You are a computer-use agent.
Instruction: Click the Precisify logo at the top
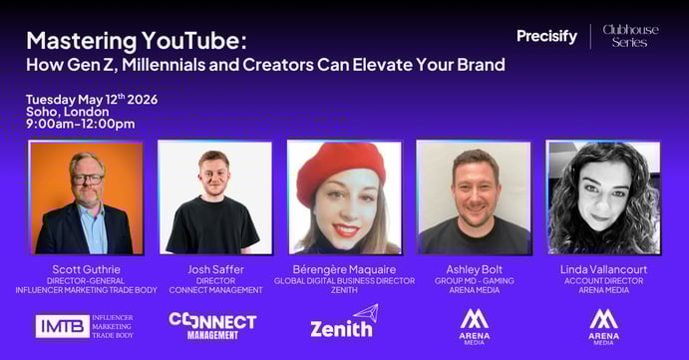[546, 37]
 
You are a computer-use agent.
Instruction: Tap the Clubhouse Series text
[630, 36]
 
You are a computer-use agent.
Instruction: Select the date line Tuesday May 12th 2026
[92, 99]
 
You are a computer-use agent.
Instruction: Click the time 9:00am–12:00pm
[80, 125]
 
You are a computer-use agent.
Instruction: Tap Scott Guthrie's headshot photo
[86, 197]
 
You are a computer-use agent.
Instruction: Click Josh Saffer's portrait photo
[213, 197]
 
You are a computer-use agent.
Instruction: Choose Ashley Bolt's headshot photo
[473, 197]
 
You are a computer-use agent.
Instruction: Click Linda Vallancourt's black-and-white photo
[602, 197]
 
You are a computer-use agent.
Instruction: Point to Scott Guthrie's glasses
[86, 179]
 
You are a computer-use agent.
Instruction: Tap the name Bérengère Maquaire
[344, 269]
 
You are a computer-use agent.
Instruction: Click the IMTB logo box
[62, 326]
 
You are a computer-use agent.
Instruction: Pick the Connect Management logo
[212, 325]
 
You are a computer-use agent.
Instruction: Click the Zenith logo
[342, 323]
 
